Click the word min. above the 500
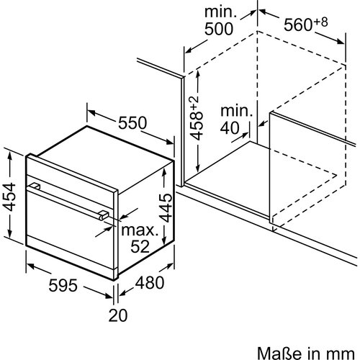point(221,12)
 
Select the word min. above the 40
point(238,112)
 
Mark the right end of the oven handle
point(105,215)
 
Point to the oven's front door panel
point(68,230)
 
